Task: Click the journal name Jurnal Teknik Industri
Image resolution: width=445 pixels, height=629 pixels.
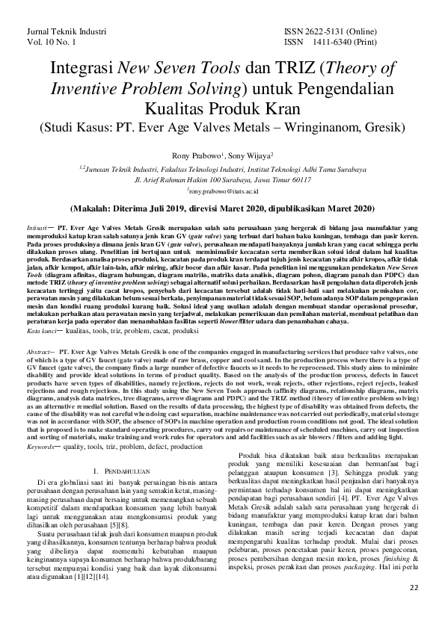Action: click(66, 33)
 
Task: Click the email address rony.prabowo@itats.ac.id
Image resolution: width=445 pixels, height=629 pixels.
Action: click(223, 192)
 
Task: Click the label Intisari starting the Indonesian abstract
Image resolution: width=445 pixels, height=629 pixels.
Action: click(39, 224)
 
